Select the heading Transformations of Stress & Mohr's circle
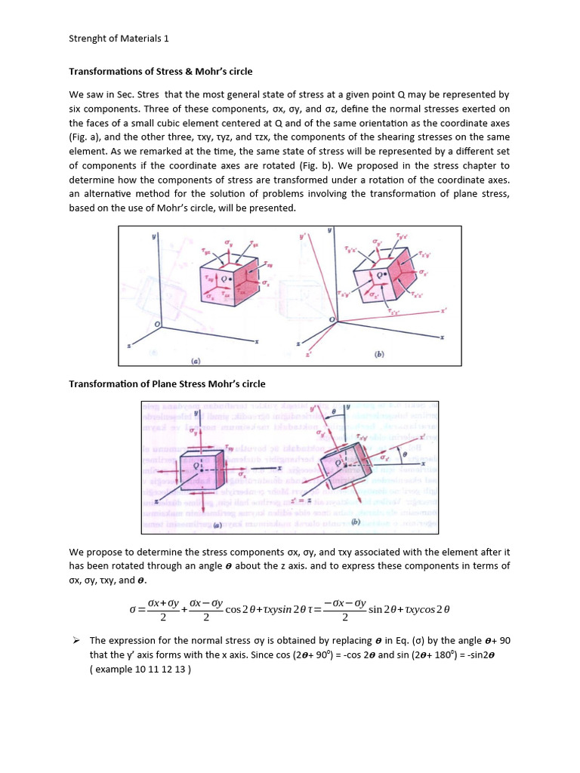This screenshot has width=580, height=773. point(160,72)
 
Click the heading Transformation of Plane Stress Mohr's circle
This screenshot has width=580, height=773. point(167,383)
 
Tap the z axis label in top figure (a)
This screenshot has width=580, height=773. point(131,346)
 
